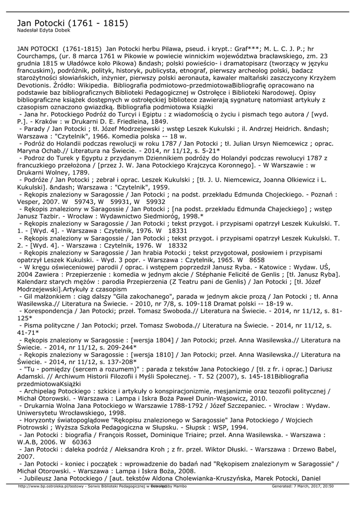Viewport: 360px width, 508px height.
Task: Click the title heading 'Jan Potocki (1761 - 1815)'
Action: click(x=72, y=23)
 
